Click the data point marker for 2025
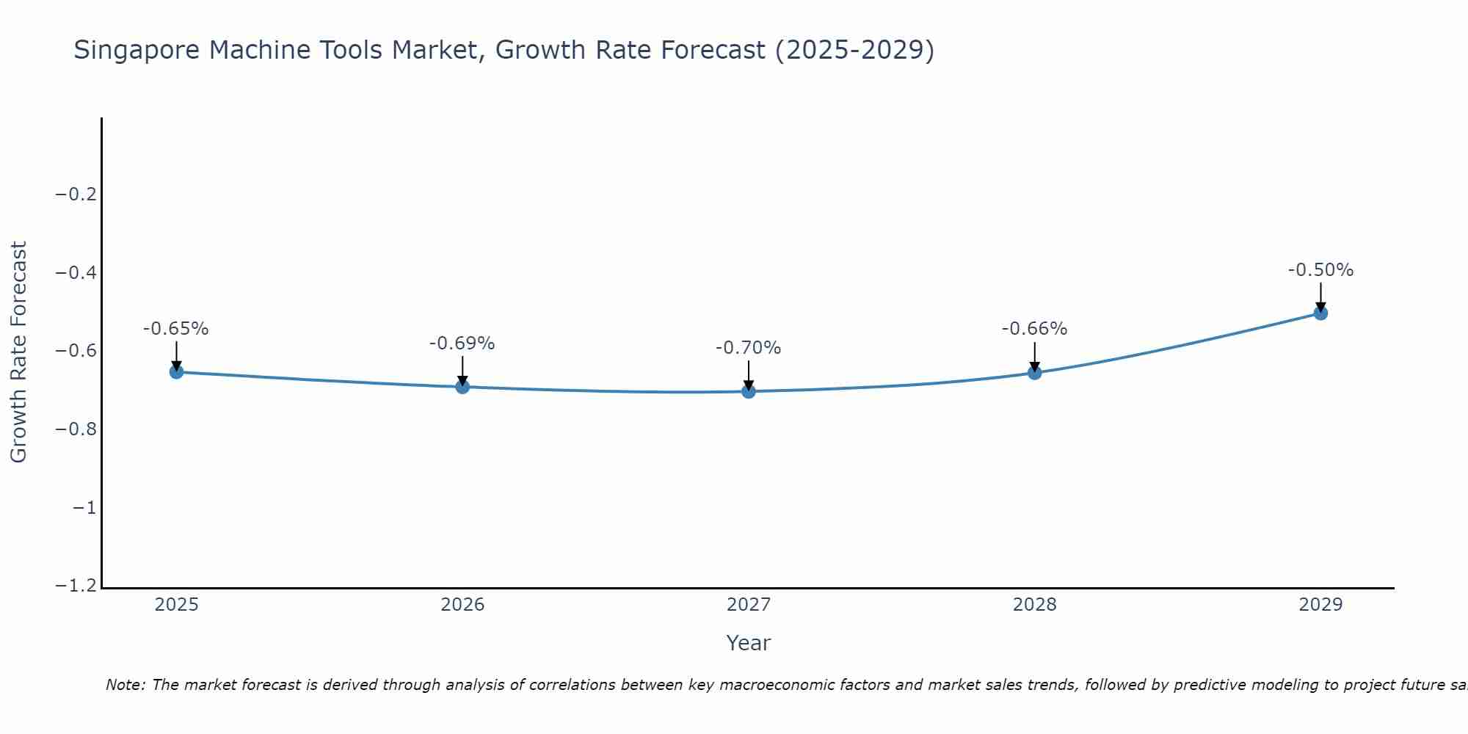click(176, 372)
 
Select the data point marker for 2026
click(462, 387)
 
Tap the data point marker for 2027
click(749, 391)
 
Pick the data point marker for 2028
click(1035, 373)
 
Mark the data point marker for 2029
click(1320, 313)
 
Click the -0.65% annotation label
click(176, 329)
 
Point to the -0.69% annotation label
click(462, 344)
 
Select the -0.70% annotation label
click(749, 348)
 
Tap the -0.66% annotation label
click(1035, 329)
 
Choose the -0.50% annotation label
click(1320, 270)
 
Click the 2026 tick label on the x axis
click(462, 605)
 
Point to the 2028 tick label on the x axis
click(1035, 605)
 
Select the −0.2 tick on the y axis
click(76, 195)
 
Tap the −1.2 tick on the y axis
click(76, 586)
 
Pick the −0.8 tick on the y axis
click(76, 429)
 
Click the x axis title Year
click(749, 643)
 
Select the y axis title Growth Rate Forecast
click(18, 352)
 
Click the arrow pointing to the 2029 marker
click(1320, 297)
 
